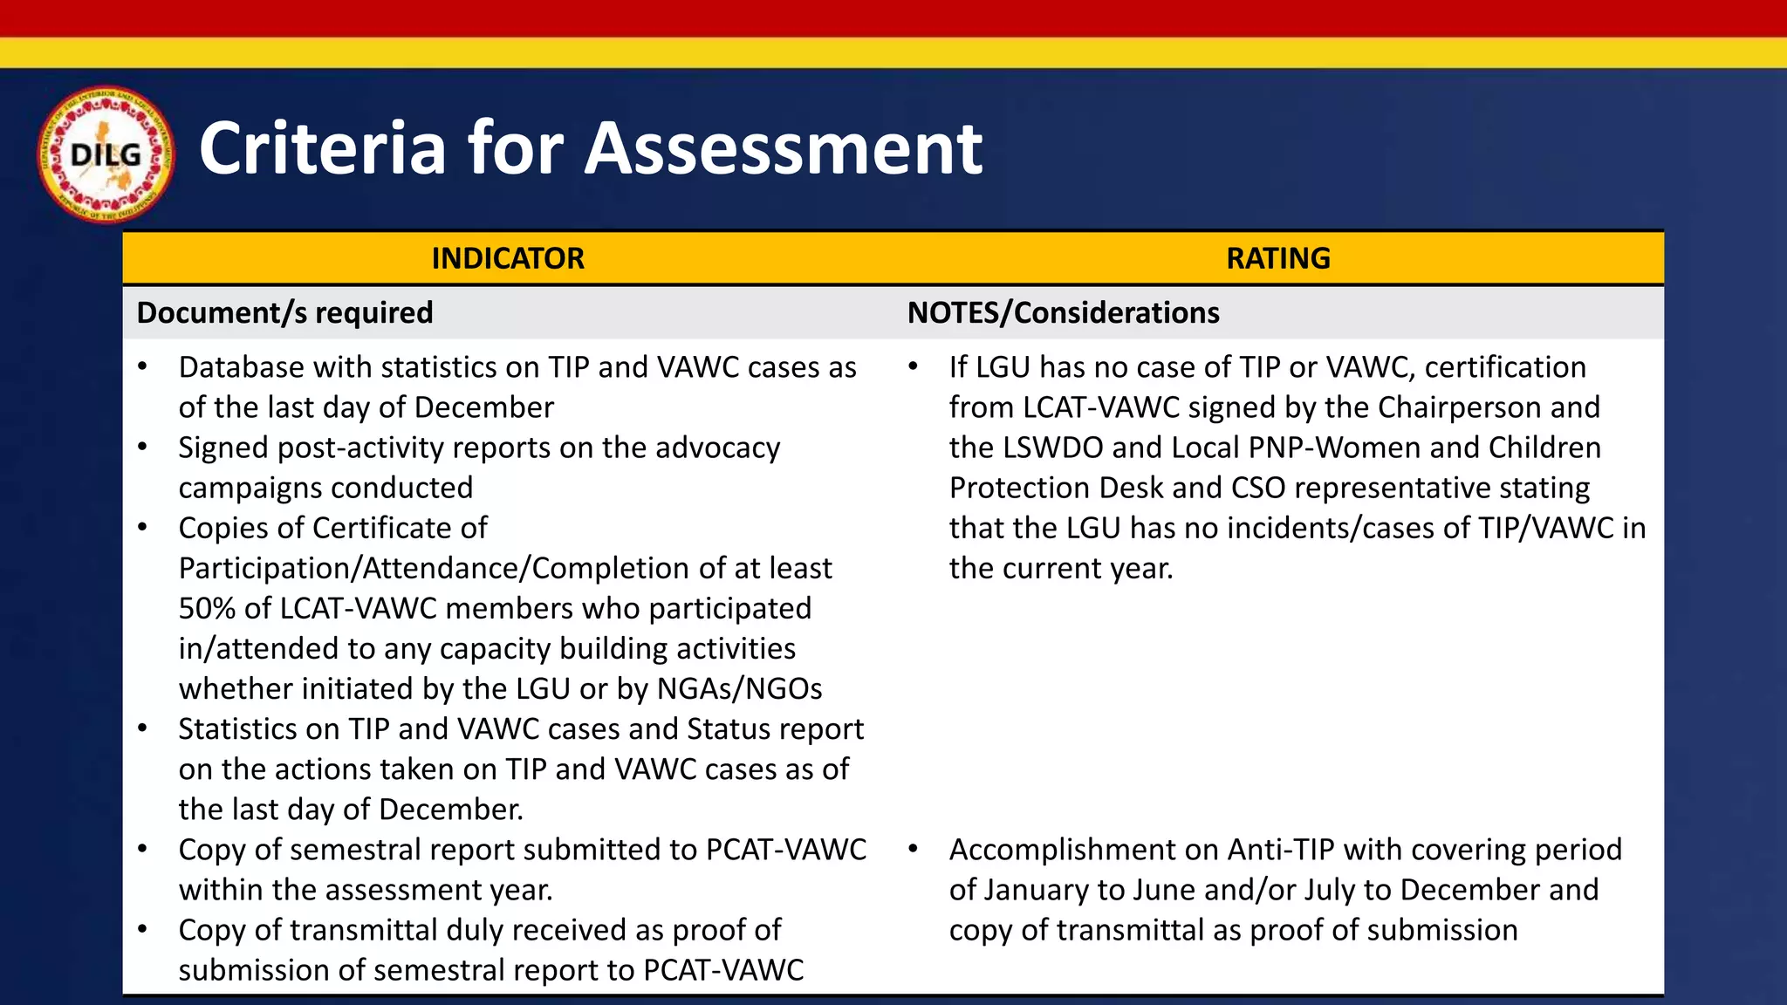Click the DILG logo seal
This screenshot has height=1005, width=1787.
tap(106, 154)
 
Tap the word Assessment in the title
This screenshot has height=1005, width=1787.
tap(783, 148)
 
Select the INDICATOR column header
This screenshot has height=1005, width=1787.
tap(508, 258)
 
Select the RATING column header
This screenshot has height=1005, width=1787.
tap(1277, 258)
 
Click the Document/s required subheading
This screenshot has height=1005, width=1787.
tap(284, 312)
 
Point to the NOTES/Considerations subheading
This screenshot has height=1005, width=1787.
tap(1063, 312)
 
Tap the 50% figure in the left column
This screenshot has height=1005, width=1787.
tap(207, 608)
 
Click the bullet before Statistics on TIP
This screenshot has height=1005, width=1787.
tap(142, 728)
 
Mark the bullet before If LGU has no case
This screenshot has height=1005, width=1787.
tap(913, 366)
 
